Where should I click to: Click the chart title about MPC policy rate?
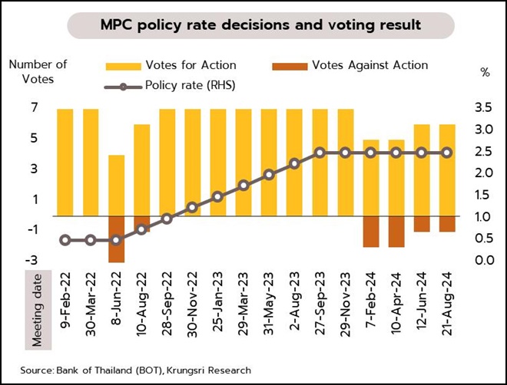click(260, 25)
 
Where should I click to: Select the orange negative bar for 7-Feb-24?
click(371, 232)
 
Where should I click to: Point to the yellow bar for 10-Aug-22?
click(141, 169)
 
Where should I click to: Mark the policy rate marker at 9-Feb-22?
click(65, 240)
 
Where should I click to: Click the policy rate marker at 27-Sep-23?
click(320, 153)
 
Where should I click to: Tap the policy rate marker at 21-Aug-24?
click(447, 153)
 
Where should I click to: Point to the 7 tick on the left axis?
click(35, 108)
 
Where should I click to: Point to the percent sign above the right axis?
click(485, 73)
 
